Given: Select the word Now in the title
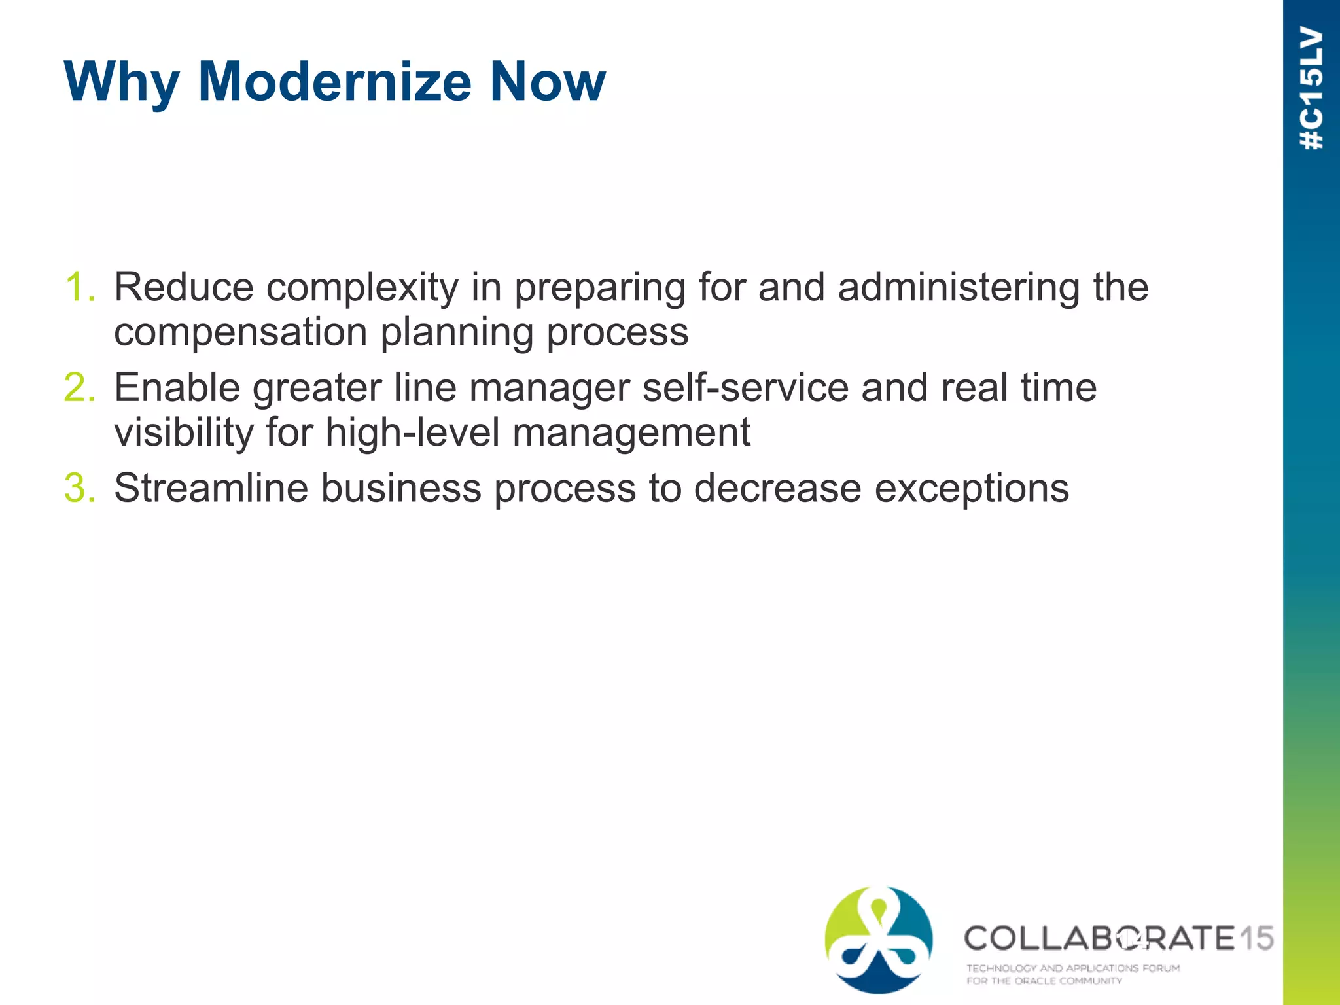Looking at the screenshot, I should (x=548, y=82).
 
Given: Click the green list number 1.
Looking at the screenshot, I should (x=79, y=287).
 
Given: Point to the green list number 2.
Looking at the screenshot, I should (x=79, y=387).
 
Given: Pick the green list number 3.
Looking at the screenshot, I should (x=79, y=488).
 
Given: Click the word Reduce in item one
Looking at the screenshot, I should (x=184, y=287).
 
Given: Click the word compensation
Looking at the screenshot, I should (x=240, y=333).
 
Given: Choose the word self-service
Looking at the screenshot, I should (x=745, y=387).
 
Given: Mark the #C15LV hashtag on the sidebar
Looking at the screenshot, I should (x=1312, y=88).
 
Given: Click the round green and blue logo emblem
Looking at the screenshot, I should (x=878, y=940).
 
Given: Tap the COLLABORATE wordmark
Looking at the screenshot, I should (x=1099, y=938).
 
